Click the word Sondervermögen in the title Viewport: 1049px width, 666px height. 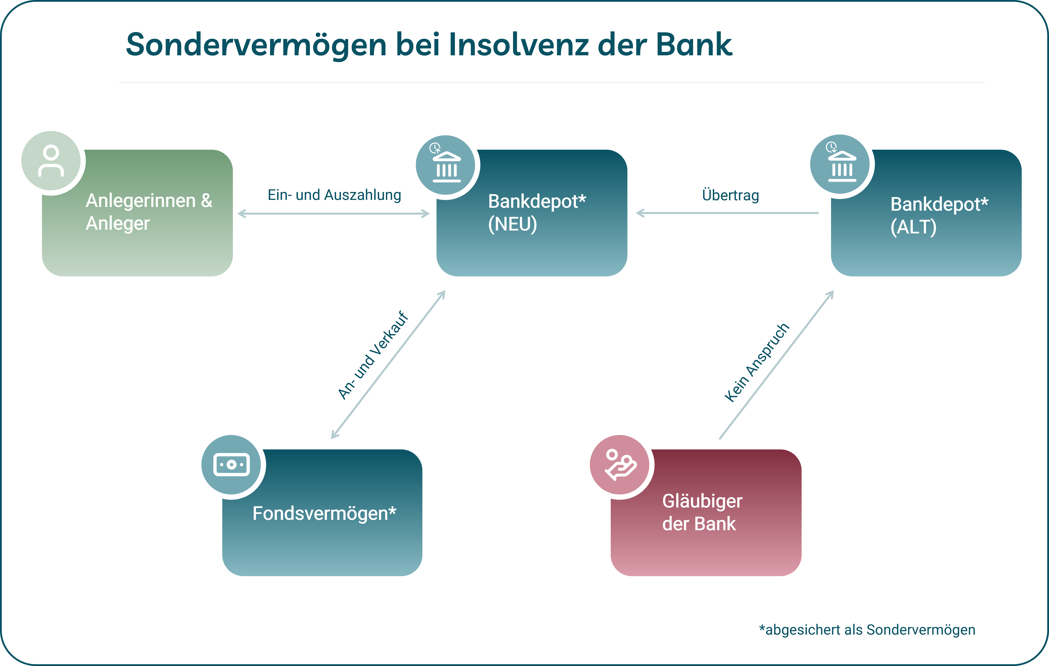(256, 45)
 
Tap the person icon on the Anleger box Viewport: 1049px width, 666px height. (51, 161)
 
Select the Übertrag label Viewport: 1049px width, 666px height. (731, 195)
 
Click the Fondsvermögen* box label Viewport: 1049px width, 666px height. (324, 514)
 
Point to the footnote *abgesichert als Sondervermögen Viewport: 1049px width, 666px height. (867, 630)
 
